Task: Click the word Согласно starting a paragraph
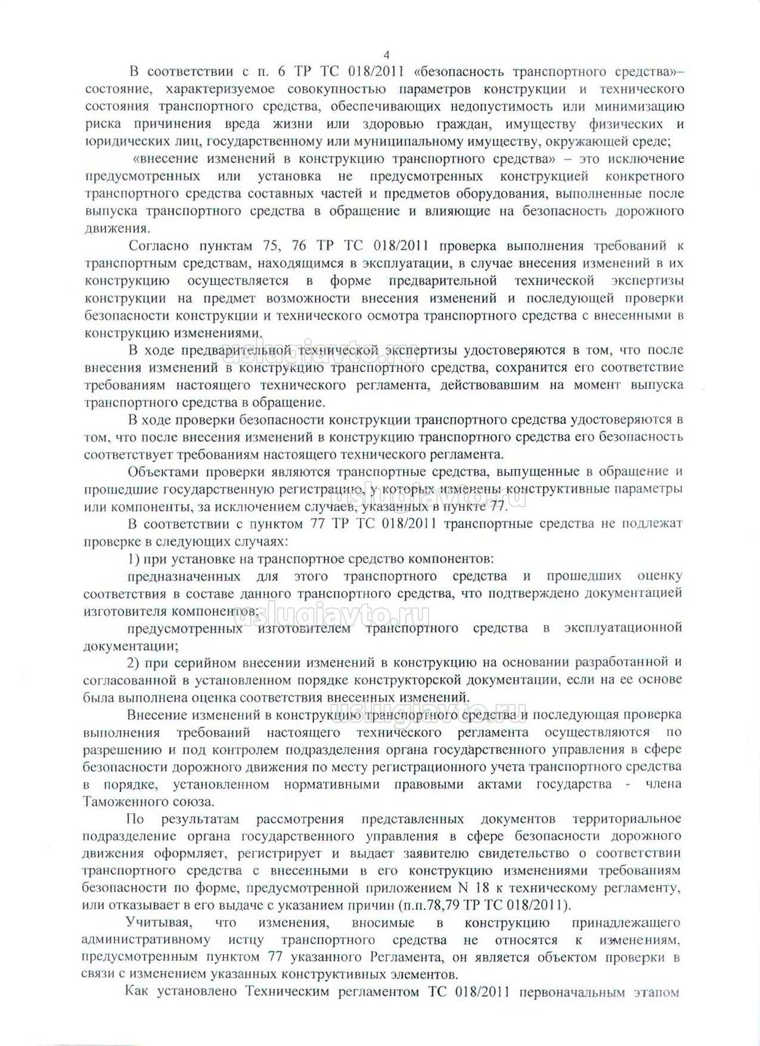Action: tap(159, 246)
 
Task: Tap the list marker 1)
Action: tap(134, 559)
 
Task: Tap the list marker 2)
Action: tap(134, 662)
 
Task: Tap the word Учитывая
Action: tap(159, 923)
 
